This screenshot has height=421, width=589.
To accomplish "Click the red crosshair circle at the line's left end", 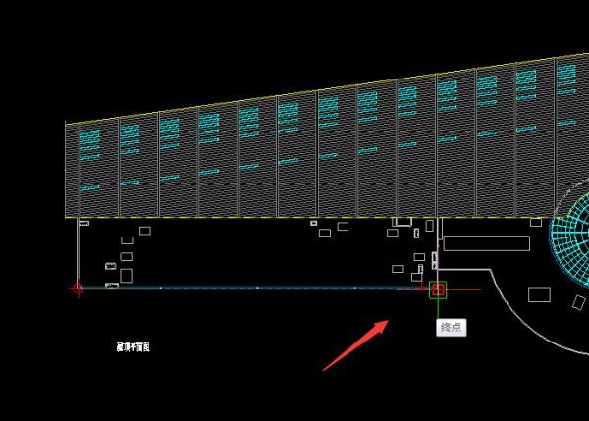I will tap(79, 289).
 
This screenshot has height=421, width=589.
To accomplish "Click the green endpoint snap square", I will tap(438, 289).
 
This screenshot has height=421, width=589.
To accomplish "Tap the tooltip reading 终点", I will tap(452, 327).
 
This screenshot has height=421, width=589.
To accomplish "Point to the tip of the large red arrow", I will tap(390, 321).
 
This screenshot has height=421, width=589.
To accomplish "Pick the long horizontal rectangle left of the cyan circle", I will tap(486, 242).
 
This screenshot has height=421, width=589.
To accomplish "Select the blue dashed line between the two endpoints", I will tap(255, 289).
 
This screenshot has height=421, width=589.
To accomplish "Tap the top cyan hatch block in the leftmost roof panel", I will tap(89, 133).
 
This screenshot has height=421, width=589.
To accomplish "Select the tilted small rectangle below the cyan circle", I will tap(539, 294).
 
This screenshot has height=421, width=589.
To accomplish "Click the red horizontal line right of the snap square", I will tap(466, 289).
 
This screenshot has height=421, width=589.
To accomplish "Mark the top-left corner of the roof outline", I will tap(66, 123).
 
